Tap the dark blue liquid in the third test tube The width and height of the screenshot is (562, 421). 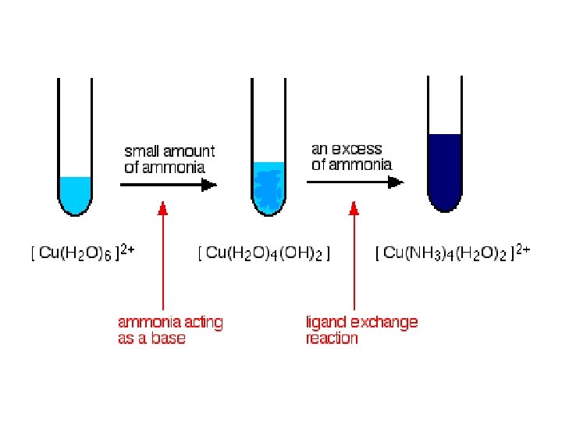point(445,172)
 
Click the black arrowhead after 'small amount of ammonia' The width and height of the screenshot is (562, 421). point(208,185)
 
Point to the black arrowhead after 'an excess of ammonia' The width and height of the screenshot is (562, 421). point(397,182)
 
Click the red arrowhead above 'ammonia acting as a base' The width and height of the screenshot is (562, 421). point(163,207)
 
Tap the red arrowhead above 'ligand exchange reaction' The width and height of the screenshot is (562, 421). point(354,207)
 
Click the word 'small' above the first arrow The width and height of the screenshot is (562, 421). point(141,151)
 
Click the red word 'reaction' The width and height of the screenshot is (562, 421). point(333,338)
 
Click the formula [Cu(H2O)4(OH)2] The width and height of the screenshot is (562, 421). point(264,253)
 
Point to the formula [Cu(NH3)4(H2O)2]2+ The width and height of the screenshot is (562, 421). point(453,253)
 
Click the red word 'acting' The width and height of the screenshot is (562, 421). point(201,321)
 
